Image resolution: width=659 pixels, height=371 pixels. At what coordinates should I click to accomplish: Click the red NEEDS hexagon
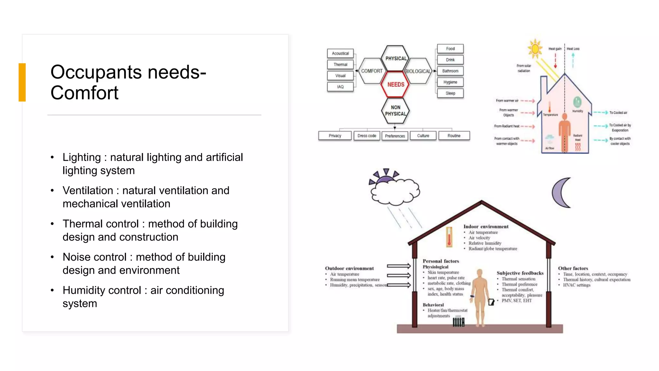395,84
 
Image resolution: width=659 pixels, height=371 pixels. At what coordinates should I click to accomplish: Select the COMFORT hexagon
372,71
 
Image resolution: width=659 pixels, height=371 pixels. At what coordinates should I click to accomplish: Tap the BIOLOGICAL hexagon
418,71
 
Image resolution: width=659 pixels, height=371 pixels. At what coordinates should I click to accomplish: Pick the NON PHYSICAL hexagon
395,110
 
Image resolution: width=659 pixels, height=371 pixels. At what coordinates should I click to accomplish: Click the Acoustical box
340,53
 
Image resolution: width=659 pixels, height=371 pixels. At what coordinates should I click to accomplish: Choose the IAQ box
340,87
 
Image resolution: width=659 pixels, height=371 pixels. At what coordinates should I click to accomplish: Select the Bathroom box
450,71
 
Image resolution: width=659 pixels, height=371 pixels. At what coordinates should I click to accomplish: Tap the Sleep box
450,93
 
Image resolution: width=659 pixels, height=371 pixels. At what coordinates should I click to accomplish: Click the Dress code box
367,136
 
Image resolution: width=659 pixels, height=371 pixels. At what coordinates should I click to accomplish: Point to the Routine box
454,136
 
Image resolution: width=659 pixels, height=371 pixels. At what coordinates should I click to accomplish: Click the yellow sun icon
535,49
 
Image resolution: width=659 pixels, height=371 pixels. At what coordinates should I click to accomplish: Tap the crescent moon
561,193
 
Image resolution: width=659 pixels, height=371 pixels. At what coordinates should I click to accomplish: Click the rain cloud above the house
395,191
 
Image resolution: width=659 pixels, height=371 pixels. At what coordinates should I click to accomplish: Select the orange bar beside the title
22,82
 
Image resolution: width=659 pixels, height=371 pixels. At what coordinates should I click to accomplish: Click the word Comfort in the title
84,93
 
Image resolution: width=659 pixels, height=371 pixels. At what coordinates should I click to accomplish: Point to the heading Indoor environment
486,227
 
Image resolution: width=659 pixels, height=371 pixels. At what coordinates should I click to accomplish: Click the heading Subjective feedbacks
520,273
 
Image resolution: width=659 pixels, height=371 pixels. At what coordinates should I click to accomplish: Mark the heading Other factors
573,268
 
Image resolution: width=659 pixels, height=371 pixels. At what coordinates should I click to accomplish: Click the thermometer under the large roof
449,237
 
